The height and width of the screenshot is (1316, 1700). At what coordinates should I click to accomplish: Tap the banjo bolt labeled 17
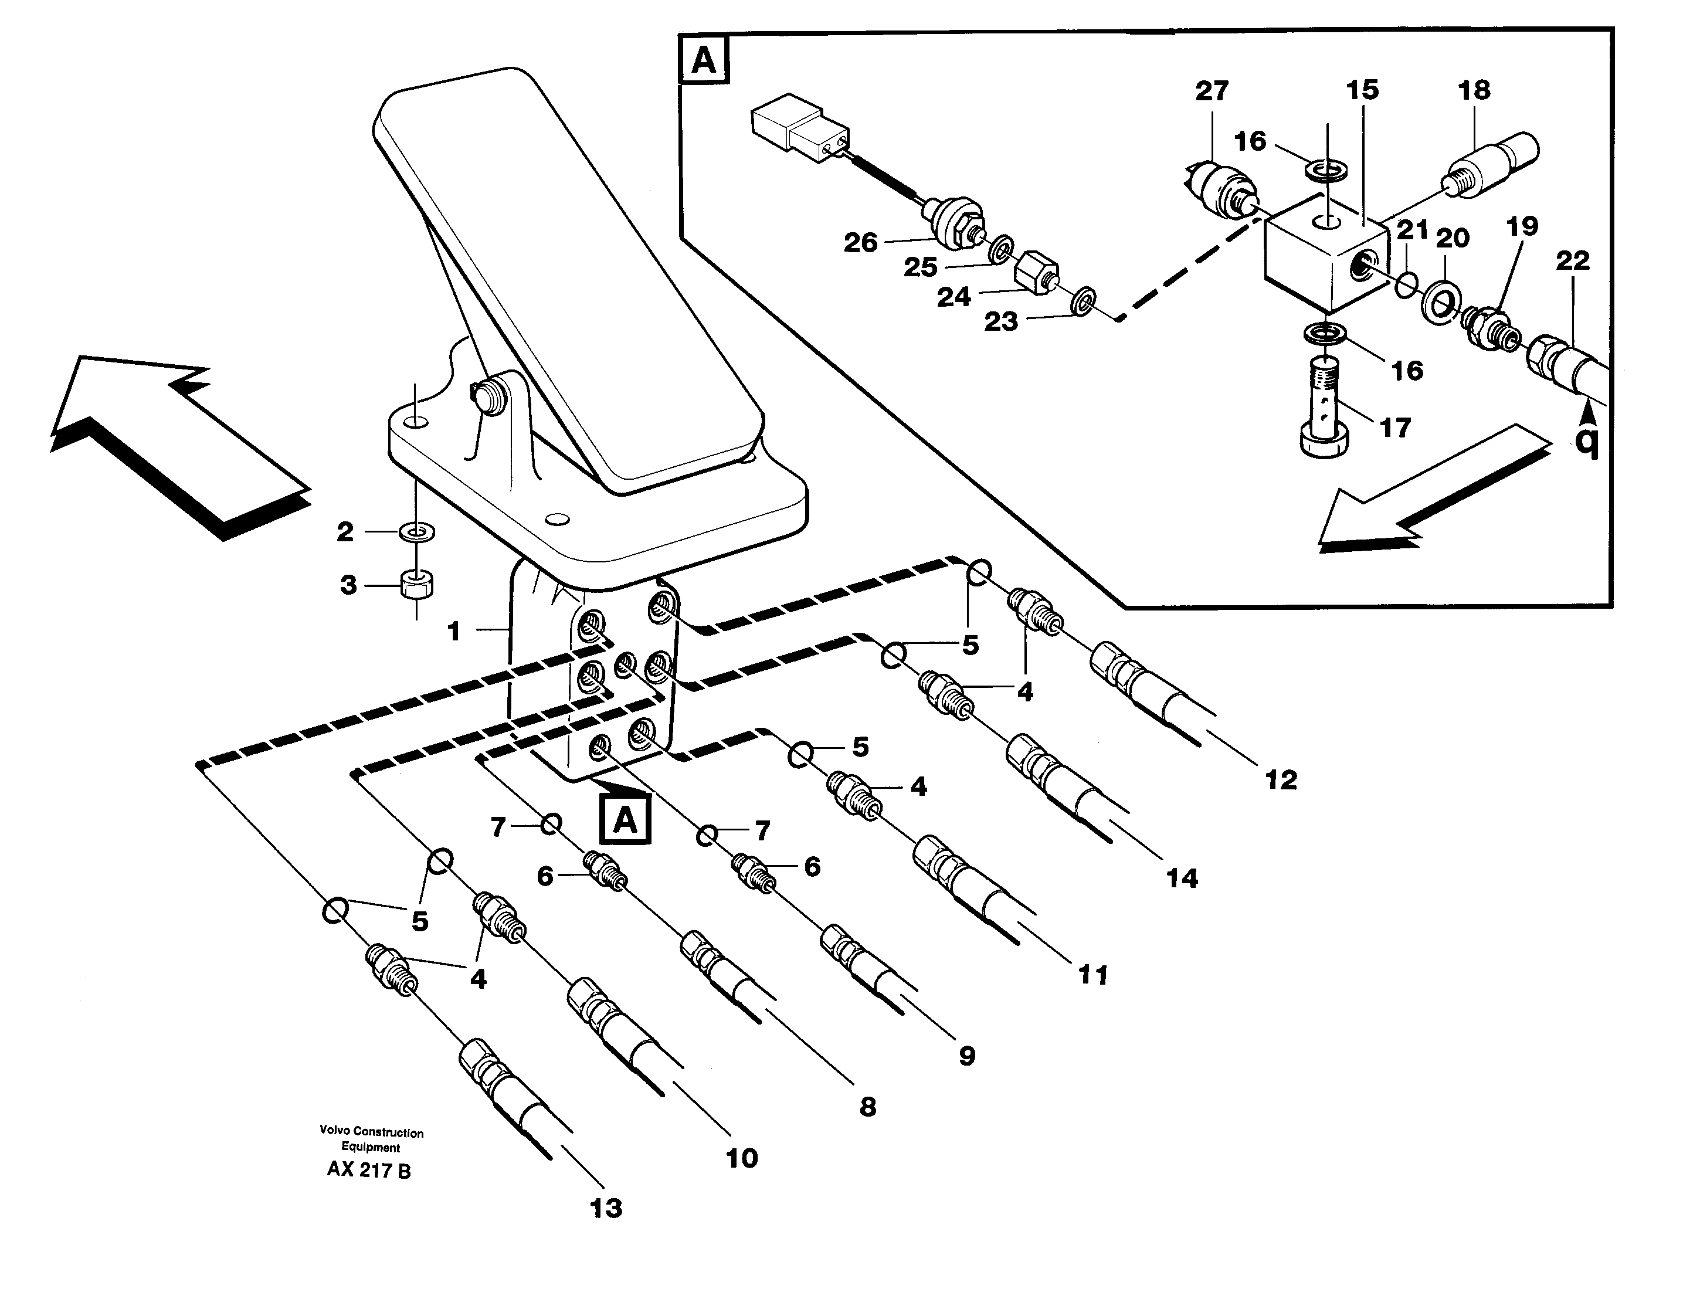(1324, 409)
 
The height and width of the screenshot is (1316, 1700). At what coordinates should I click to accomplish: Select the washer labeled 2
(417, 532)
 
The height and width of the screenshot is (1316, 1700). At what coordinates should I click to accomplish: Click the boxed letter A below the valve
(625, 819)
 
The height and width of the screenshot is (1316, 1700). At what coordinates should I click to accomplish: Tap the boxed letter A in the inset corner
(704, 59)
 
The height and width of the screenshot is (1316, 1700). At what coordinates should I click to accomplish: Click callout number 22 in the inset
(1572, 261)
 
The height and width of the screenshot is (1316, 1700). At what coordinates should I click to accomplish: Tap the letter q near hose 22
(1587, 442)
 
